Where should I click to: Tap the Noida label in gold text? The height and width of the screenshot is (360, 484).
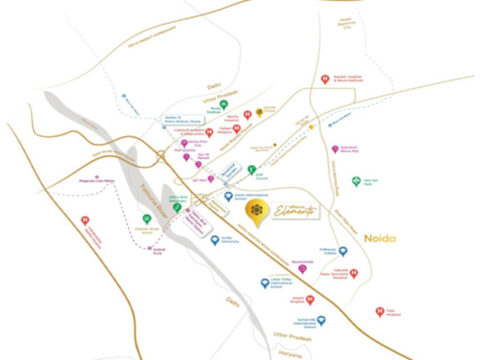[380, 238]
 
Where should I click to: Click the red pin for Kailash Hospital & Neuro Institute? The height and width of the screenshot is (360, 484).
[325, 79]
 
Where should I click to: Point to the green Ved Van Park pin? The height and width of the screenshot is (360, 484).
[356, 181]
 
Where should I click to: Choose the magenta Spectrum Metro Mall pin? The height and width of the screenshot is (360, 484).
[335, 149]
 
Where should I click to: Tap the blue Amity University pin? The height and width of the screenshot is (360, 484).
[215, 240]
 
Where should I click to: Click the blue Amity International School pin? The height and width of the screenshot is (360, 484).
[228, 197]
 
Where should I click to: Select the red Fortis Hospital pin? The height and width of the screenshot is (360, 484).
[380, 312]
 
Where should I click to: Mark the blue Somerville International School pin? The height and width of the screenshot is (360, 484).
[321, 321]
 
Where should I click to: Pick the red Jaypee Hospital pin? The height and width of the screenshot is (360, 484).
[310, 299]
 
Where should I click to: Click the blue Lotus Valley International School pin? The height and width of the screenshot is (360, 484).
[265, 284]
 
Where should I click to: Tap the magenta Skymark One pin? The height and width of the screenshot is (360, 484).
[302, 269]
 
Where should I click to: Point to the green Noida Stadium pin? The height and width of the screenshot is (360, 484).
[224, 104]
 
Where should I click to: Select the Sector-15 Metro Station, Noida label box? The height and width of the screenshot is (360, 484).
[183, 120]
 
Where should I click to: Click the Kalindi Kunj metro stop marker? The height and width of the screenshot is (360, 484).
[149, 248]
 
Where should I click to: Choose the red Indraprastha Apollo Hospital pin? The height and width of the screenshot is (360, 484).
[85, 220]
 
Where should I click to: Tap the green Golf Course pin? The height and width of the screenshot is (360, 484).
[251, 170]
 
